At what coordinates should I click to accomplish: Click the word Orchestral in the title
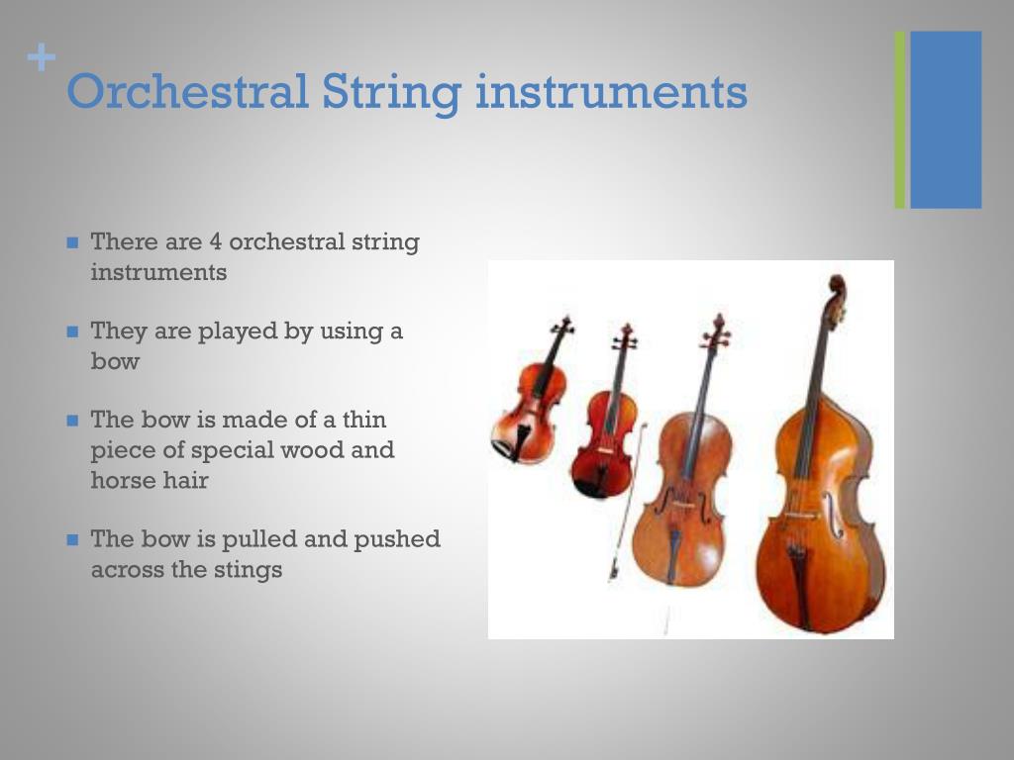point(187,92)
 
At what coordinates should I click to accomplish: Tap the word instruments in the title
point(611,92)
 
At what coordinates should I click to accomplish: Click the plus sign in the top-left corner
point(41,59)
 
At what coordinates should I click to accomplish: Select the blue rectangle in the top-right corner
point(946,119)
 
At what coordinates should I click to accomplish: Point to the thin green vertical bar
point(900,119)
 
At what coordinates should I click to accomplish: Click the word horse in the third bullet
point(123,481)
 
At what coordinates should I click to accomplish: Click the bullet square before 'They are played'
point(72,332)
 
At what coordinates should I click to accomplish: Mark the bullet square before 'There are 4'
point(72,242)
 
